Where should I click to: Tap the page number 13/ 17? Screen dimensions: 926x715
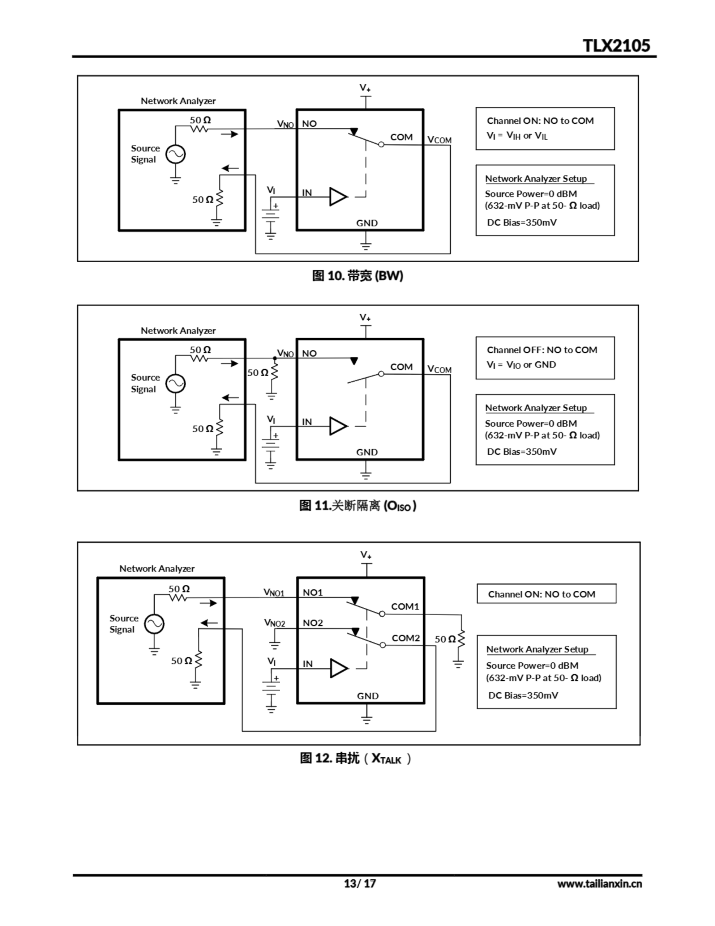(x=359, y=883)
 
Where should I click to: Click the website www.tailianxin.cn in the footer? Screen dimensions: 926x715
(x=599, y=884)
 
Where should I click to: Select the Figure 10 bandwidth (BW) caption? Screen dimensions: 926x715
(x=357, y=276)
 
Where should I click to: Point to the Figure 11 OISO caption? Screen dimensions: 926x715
(x=357, y=505)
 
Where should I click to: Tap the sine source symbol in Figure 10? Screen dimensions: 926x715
(x=175, y=154)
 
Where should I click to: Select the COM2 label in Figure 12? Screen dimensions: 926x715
(x=405, y=638)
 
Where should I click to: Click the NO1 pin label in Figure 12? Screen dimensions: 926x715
(x=313, y=592)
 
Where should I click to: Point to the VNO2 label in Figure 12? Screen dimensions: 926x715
(x=275, y=623)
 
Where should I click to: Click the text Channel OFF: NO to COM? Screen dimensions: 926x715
(x=541, y=350)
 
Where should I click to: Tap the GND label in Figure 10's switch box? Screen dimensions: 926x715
(x=367, y=223)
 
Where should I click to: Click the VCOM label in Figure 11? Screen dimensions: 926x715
(x=439, y=369)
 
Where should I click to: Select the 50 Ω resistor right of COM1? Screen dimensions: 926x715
(x=461, y=638)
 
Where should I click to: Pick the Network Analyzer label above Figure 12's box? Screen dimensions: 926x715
(x=157, y=569)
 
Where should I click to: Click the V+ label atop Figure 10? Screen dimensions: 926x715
(x=365, y=88)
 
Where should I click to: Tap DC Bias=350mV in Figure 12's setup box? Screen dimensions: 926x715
(x=523, y=695)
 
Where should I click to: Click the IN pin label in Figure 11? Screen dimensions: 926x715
(x=307, y=422)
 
